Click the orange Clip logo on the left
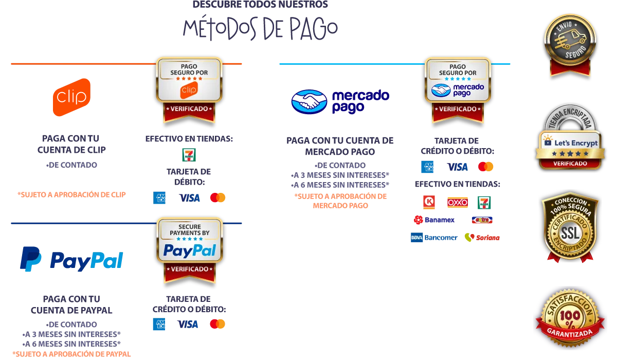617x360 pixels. pyautogui.click(x=71, y=97)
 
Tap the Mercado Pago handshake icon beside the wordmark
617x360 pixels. pyautogui.click(x=310, y=101)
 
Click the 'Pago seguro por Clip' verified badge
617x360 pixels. pyautogui.click(x=189, y=88)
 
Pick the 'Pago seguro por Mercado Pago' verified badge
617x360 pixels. pyautogui.click(x=458, y=88)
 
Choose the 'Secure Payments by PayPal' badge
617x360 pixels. pyautogui.click(x=190, y=249)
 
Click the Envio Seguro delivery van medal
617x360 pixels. pyautogui.click(x=570, y=44)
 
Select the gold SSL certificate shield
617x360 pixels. pyautogui.click(x=570, y=226)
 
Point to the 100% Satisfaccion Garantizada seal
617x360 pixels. pyautogui.click(x=570, y=319)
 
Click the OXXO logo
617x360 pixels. pyautogui.click(x=457, y=202)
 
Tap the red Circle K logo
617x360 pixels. pyautogui.click(x=427, y=202)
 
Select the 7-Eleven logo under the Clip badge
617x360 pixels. pyautogui.click(x=189, y=155)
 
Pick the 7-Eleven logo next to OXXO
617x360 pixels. pyautogui.click(x=484, y=202)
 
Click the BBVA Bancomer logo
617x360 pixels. pyautogui.click(x=432, y=237)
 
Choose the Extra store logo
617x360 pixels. pyautogui.click(x=482, y=220)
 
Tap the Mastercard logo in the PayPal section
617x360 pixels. pyautogui.click(x=217, y=323)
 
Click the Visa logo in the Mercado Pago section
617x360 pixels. pyautogui.click(x=457, y=167)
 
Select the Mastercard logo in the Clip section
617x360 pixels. pyautogui.click(x=217, y=197)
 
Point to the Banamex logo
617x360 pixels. pyautogui.click(x=434, y=220)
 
